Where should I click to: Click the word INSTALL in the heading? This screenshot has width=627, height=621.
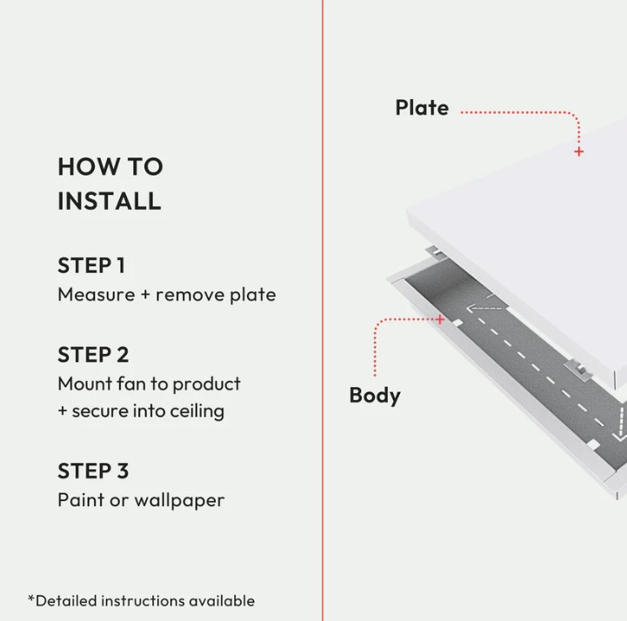[110, 201]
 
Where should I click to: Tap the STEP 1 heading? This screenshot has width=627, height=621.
[91, 265]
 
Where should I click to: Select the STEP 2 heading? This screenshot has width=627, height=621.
[93, 355]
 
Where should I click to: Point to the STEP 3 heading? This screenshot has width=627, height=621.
[93, 471]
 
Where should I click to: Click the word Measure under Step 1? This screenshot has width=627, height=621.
[97, 295]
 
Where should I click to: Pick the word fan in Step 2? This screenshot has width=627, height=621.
[130, 384]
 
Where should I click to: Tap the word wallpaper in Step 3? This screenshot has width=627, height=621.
[179, 501]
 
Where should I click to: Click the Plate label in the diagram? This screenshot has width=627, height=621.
[423, 108]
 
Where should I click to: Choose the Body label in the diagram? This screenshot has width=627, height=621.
[375, 396]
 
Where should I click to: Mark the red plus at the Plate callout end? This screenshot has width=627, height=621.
[578, 151]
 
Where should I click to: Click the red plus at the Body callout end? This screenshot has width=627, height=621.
[439, 319]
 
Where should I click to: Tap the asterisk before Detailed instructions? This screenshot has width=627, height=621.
[31, 598]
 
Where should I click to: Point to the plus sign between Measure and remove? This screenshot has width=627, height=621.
[145, 295]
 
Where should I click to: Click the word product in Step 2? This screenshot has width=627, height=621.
[206, 384]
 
